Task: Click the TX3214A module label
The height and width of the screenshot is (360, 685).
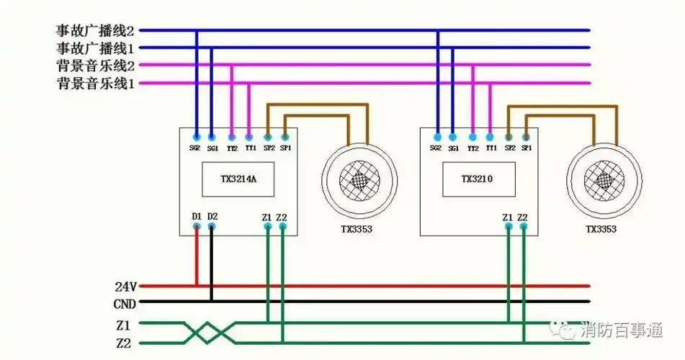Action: pos(238,180)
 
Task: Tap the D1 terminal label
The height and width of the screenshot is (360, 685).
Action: pos(196,216)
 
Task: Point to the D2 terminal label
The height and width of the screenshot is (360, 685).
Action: pos(212,216)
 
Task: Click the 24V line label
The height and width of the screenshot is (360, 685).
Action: pos(125,286)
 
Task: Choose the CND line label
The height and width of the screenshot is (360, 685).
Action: pos(125,304)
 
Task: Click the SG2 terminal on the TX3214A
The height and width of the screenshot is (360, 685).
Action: pos(196,136)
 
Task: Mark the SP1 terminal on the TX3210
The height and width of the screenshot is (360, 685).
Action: pos(527,136)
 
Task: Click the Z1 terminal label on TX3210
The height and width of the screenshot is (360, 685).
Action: pos(508,217)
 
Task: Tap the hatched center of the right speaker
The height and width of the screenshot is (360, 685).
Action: pos(604,178)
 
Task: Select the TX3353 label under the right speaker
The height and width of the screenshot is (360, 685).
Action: pos(601,230)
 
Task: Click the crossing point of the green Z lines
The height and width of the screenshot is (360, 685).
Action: pos(210,333)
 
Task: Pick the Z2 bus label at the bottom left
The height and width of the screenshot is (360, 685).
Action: pos(123,343)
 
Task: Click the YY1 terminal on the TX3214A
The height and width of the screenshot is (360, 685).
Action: pos(249,136)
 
